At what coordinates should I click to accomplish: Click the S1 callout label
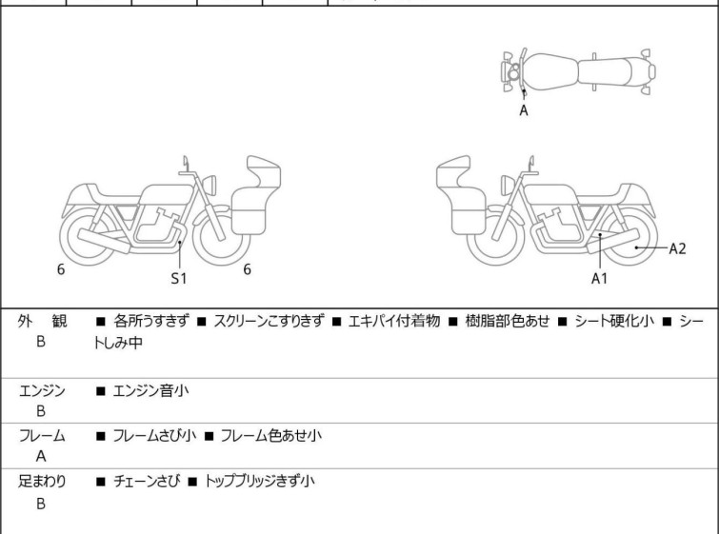(179, 278)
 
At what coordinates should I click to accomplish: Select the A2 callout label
(677, 248)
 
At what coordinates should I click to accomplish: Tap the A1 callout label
(599, 278)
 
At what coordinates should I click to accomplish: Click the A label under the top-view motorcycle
(524, 110)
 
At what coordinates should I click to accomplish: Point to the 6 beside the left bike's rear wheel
(61, 269)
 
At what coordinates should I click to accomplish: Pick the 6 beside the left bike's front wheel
(248, 269)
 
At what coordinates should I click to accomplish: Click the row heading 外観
(42, 321)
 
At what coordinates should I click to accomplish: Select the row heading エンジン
(42, 390)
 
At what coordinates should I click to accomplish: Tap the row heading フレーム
(42, 435)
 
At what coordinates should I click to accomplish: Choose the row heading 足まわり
(42, 481)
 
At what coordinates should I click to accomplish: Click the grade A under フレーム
(41, 456)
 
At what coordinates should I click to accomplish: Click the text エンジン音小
(150, 390)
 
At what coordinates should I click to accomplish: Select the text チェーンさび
(147, 481)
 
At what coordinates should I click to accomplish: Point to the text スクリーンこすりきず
(270, 321)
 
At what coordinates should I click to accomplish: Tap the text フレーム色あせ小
(271, 435)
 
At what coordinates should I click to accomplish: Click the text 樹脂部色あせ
(508, 321)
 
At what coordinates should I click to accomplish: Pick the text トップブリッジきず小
(259, 481)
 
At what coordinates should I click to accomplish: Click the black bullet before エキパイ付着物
(336, 322)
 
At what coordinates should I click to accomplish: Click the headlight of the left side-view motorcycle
(210, 185)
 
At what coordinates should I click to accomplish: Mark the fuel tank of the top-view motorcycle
(550, 71)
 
